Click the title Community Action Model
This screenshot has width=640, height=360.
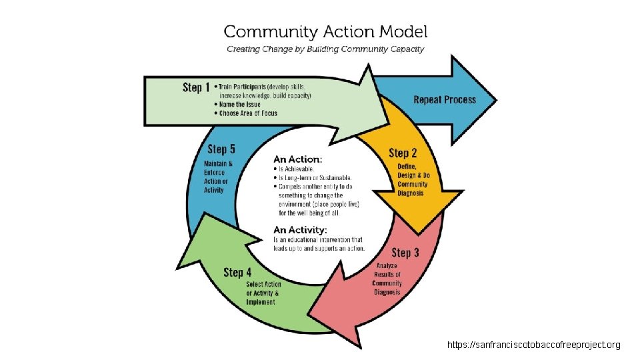[325, 31]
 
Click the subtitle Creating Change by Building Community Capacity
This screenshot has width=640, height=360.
[325, 49]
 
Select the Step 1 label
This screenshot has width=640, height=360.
[196, 87]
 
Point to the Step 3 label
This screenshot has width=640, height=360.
[405, 252]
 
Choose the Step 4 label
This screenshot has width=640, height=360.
[237, 272]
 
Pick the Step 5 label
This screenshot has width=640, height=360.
[221, 149]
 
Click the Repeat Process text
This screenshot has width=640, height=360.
[445, 100]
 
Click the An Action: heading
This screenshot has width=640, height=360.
[298, 159]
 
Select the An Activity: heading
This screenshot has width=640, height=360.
[301, 229]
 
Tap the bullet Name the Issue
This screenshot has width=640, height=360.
[240, 104]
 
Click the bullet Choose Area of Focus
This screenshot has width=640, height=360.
[249, 113]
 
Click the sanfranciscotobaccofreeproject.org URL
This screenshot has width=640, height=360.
[534, 345]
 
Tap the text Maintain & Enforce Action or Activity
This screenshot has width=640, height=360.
[218, 177]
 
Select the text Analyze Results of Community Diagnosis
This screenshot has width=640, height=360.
[387, 279]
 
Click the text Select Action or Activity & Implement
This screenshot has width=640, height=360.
[261, 293]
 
